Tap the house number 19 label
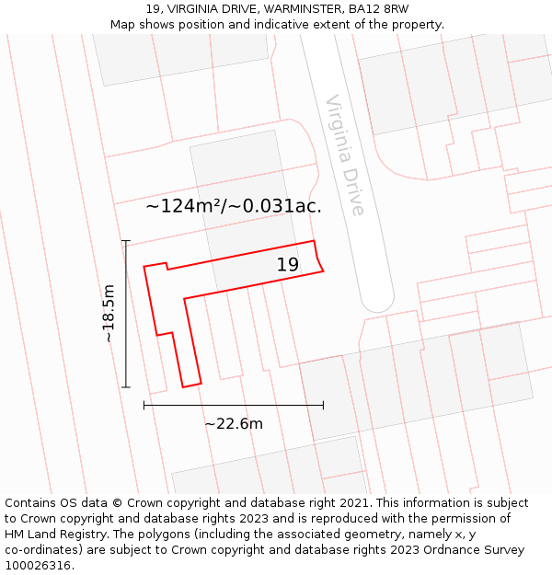288,265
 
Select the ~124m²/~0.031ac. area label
234,206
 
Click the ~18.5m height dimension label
109,314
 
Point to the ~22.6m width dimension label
234,423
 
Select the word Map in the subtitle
122,25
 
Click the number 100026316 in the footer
38,566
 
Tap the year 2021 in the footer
351,503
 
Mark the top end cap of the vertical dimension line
126,241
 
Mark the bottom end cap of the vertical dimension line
126,387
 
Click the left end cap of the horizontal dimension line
144,404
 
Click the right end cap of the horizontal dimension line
323,404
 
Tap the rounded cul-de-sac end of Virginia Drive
377,300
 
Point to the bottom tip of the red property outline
191,385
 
